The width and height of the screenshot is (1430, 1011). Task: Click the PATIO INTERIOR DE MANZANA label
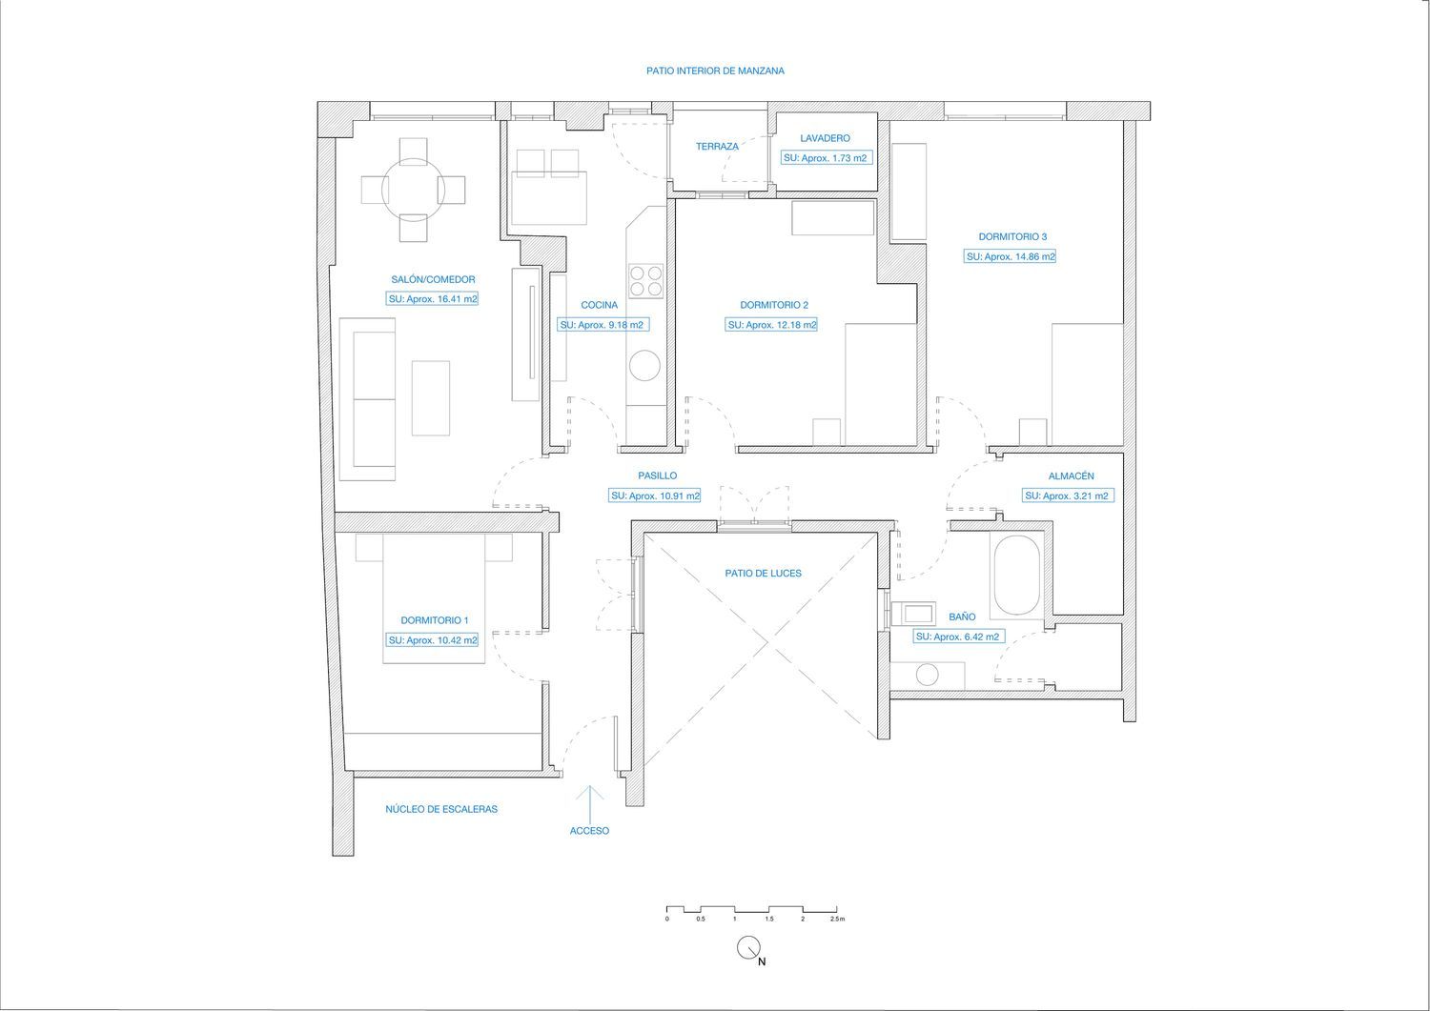tap(715, 71)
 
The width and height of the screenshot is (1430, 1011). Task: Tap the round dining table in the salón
tap(413, 190)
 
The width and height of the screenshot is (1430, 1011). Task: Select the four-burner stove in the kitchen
tap(645, 281)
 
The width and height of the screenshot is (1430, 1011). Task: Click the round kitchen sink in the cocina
tap(644, 366)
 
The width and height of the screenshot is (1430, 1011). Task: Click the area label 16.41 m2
tap(434, 298)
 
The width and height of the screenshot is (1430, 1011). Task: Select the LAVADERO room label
tap(825, 138)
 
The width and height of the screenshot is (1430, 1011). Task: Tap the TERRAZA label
tap(717, 146)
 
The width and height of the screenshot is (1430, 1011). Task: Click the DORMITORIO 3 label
tap(1012, 237)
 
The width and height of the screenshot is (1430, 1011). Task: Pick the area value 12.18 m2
tap(772, 325)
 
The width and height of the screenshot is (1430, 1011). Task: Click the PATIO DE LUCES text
tap(763, 574)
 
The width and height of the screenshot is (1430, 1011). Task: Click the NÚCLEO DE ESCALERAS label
tap(441, 809)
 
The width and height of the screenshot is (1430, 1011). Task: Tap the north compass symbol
tap(748, 948)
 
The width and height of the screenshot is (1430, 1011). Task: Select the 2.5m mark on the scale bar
tap(837, 920)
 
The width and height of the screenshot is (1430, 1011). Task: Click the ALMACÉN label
tap(1071, 476)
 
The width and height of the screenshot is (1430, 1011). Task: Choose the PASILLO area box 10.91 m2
tap(655, 495)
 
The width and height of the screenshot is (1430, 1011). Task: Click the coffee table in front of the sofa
tap(431, 398)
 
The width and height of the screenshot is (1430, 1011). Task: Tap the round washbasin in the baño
tap(927, 676)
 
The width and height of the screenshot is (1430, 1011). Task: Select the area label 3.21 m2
tap(1069, 495)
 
